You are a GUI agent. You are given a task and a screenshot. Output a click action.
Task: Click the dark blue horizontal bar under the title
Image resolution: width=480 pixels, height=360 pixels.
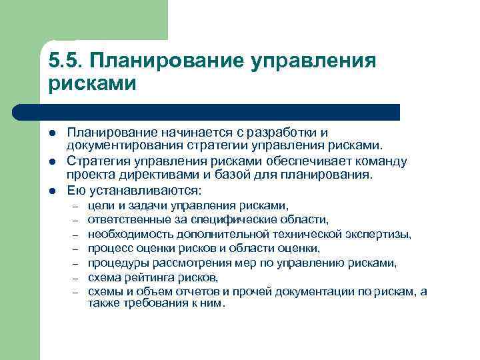click(x=220, y=111)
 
